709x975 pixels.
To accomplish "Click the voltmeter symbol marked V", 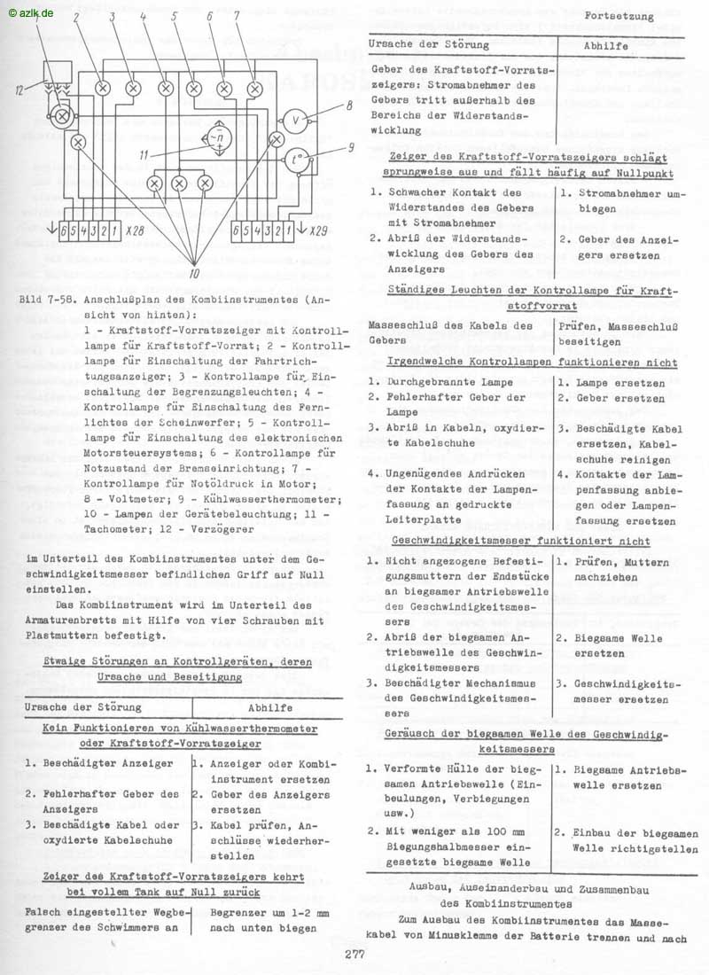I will (x=296, y=121).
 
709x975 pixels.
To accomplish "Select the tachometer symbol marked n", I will (x=215, y=139).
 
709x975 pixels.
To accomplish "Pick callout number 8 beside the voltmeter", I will (x=350, y=106).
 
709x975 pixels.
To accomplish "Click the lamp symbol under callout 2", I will (x=102, y=88).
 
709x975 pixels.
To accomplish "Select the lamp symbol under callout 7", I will (x=255, y=88).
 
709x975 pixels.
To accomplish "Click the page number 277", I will (x=354, y=955).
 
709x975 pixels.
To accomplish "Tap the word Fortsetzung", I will (x=620, y=16).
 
